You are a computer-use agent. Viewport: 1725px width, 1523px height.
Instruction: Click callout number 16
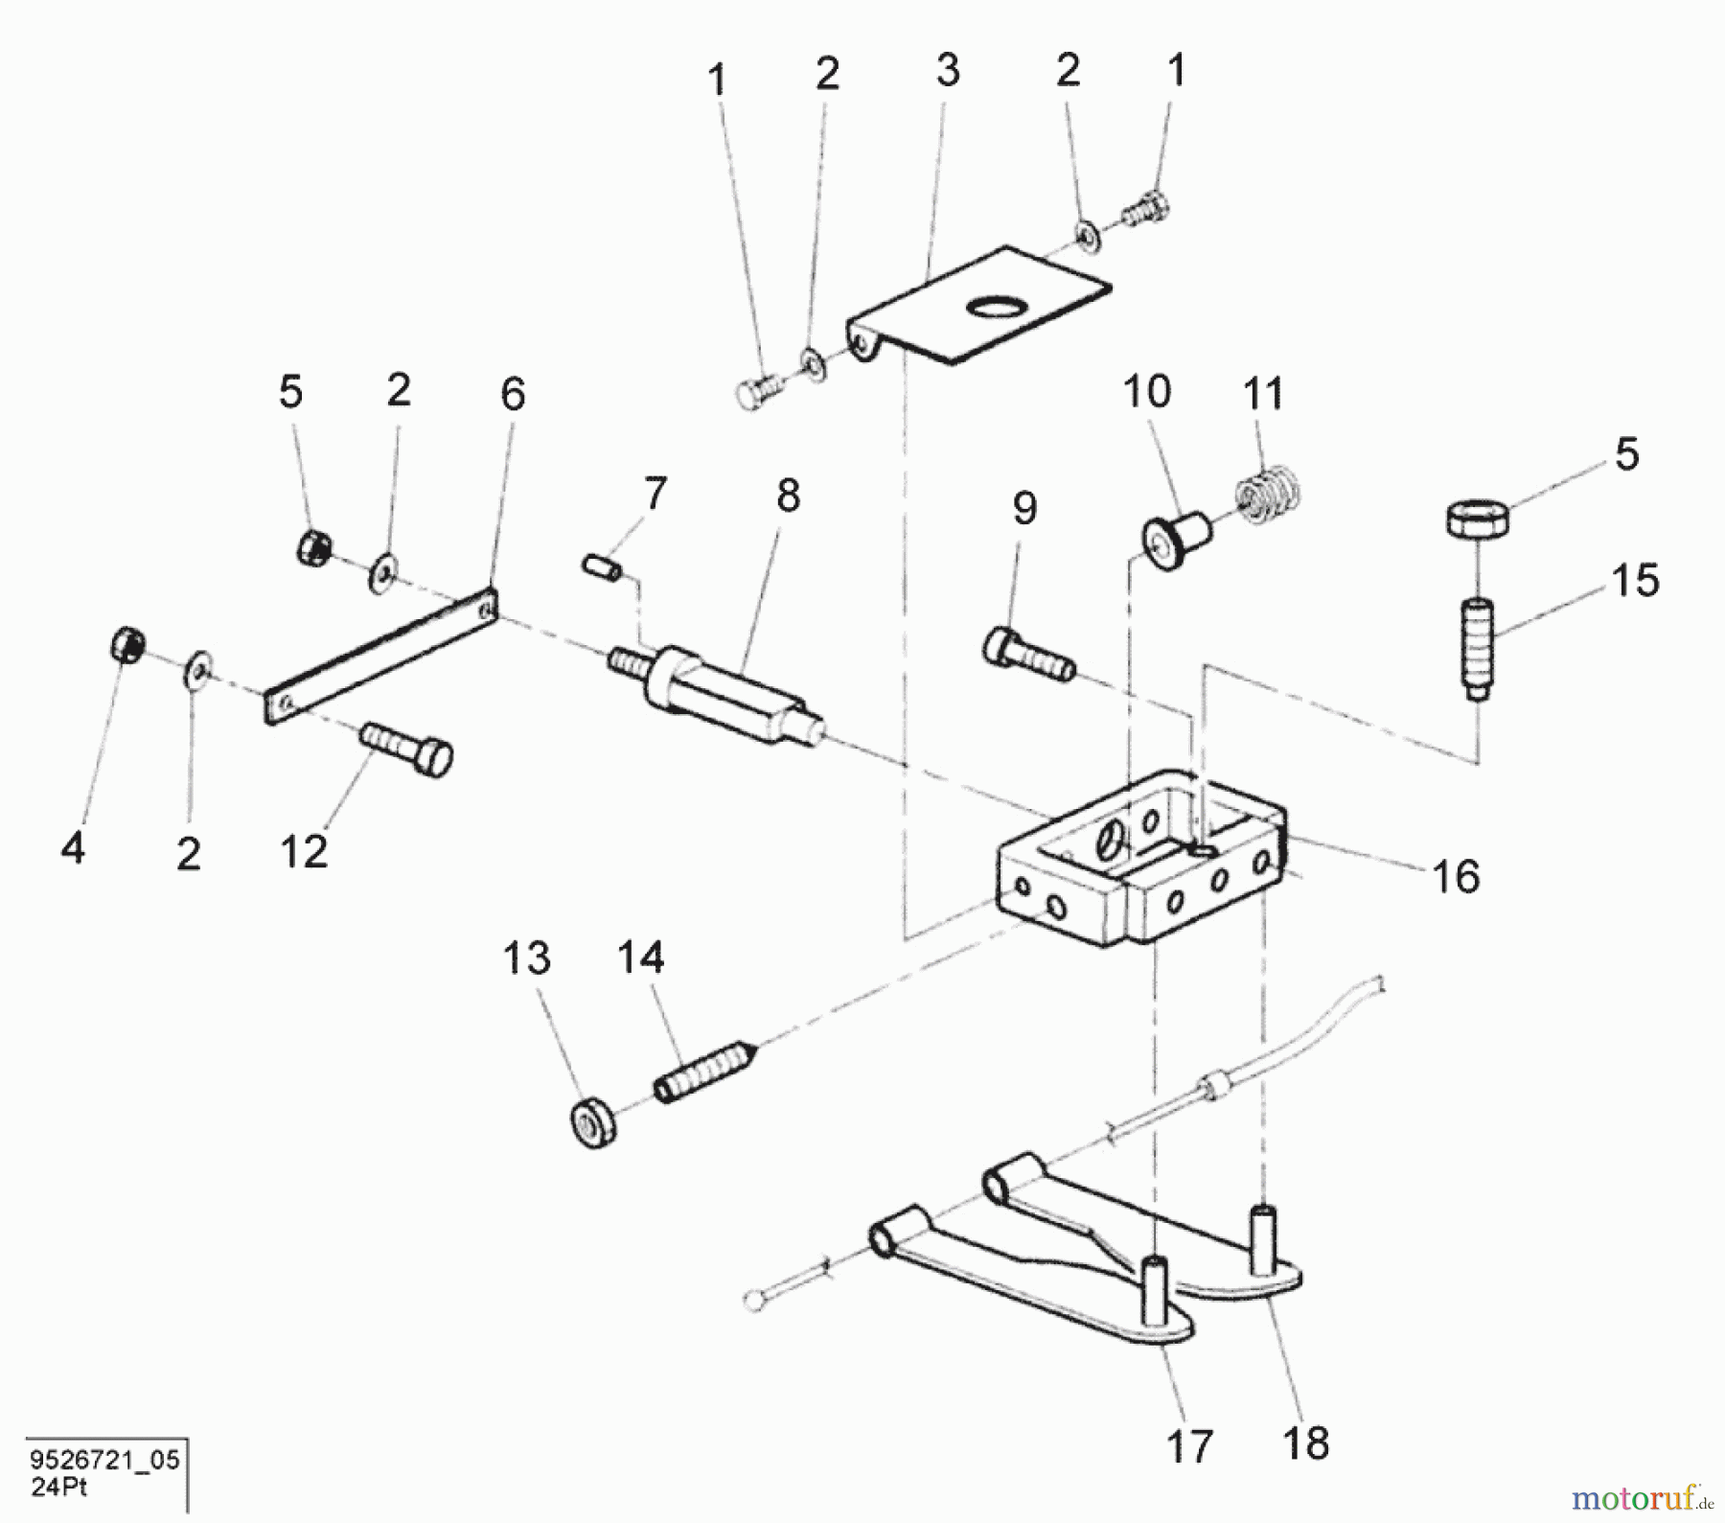pos(1455,876)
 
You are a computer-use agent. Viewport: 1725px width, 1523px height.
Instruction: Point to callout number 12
pos(304,850)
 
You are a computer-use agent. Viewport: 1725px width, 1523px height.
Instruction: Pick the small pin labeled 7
pos(603,566)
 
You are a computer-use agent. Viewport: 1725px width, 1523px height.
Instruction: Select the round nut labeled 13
pos(594,1123)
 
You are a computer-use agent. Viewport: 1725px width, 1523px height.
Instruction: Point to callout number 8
pos(787,496)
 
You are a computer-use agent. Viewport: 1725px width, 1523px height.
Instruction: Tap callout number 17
pos(1189,1445)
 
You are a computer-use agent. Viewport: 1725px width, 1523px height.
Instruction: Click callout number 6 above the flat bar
pos(513,394)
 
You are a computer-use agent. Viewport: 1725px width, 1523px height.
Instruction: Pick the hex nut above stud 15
pos(1477,519)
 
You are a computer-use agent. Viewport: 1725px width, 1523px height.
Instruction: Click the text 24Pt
pos(59,1487)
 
